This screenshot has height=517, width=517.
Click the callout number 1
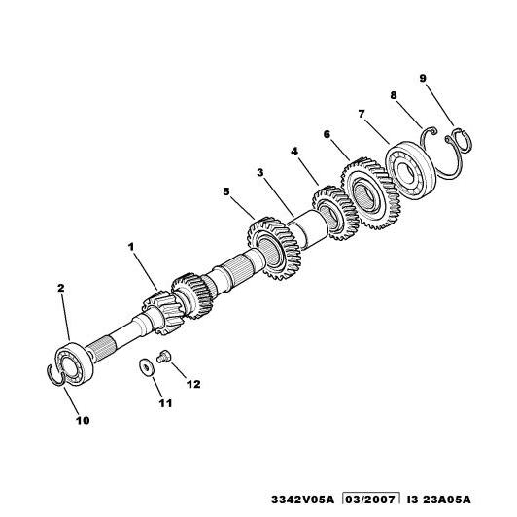click(x=131, y=247)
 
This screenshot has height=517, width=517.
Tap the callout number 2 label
click(x=61, y=288)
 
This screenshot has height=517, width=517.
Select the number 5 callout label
click(x=226, y=191)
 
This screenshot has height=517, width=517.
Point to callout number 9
click(x=423, y=79)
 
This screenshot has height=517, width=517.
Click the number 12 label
click(x=193, y=384)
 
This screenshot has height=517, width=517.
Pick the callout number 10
click(x=83, y=421)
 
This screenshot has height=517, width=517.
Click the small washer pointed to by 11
click(x=145, y=367)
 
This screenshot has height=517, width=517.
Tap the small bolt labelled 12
click(x=162, y=357)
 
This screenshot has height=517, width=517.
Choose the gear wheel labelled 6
click(x=371, y=192)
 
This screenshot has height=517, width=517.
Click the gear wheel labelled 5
click(x=274, y=248)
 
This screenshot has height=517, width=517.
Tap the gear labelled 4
click(x=334, y=212)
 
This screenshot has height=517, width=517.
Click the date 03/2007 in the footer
click(x=371, y=500)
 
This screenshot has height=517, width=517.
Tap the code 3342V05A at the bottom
click(x=302, y=500)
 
